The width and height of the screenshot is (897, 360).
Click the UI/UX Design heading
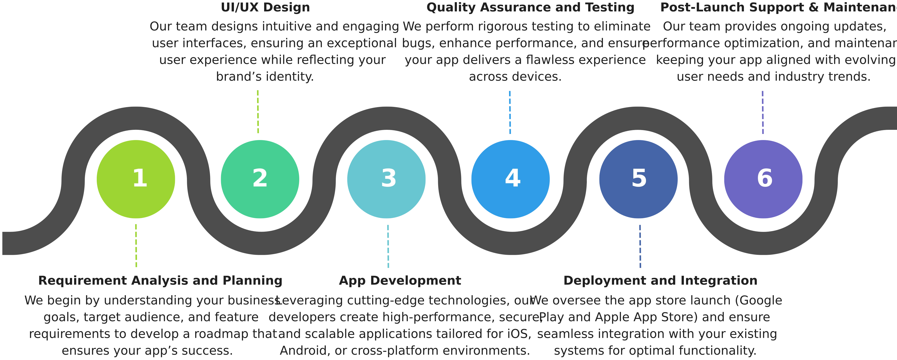265,8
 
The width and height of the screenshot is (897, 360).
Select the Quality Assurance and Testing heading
531,8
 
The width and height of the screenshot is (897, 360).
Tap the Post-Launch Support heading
778,8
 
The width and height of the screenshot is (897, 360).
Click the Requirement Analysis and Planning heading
160,281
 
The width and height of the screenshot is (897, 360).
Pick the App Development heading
399,281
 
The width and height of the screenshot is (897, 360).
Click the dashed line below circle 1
136,246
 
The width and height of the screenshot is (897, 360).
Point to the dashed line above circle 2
258,111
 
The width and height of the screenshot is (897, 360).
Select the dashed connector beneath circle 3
387,246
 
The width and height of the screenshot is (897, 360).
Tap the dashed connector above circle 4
510,111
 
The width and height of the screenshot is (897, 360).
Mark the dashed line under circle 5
640,246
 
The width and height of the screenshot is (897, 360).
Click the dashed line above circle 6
762,111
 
